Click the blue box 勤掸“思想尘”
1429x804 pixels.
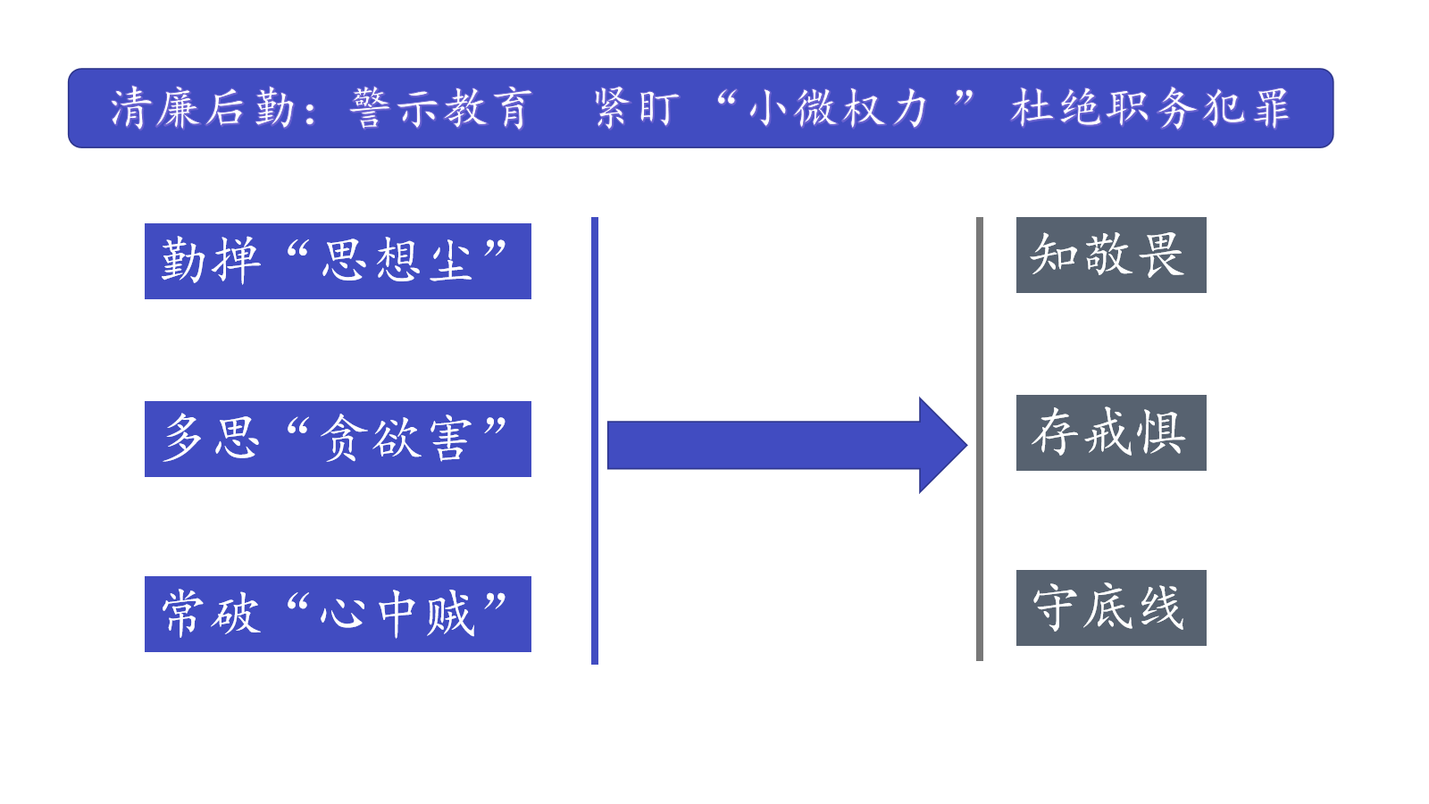[x=338, y=261]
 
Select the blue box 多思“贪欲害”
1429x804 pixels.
[x=338, y=439]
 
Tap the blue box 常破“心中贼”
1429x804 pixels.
[x=338, y=614]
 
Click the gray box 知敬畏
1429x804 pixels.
[x=1111, y=255]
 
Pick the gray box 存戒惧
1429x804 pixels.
[x=1111, y=432]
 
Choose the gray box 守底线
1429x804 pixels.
[x=1111, y=607]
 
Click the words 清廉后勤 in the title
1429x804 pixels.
[x=203, y=108]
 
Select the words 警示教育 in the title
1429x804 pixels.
[x=441, y=108]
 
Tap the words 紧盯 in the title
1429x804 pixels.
[x=637, y=108]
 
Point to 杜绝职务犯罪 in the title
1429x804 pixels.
[x=1150, y=108]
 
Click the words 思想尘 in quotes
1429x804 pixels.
[x=397, y=261]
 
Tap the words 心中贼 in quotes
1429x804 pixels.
[x=397, y=614]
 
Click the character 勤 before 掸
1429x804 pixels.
[x=184, y=261]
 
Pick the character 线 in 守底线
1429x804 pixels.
[x=1161, y=607]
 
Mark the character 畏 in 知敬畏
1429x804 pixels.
[x=1162, y=255]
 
